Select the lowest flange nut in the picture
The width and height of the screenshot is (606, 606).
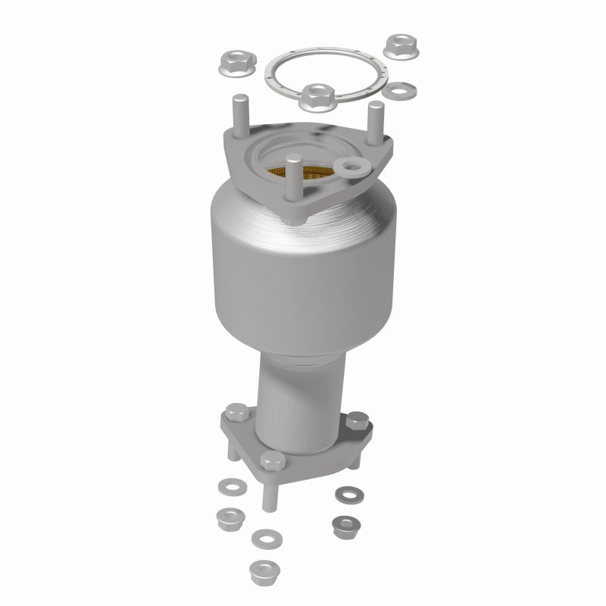261,568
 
